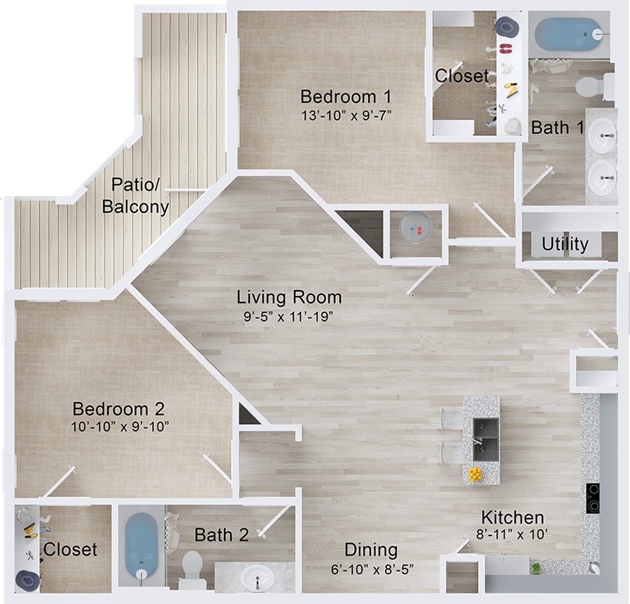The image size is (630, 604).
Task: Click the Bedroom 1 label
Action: [345, 96]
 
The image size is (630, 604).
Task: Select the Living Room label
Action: [288, 297]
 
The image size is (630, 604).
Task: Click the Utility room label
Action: [564, 244]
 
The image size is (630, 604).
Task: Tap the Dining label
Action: [370, 550]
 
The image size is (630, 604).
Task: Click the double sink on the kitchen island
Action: [486, 439]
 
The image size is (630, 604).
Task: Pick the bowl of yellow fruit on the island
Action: [476, 474]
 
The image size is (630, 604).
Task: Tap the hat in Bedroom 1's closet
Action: [505, 26]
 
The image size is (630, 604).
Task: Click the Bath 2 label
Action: [221, 535]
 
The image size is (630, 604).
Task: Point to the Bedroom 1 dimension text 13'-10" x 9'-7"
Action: [345, 115]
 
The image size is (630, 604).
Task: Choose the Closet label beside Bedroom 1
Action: [461, 76]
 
